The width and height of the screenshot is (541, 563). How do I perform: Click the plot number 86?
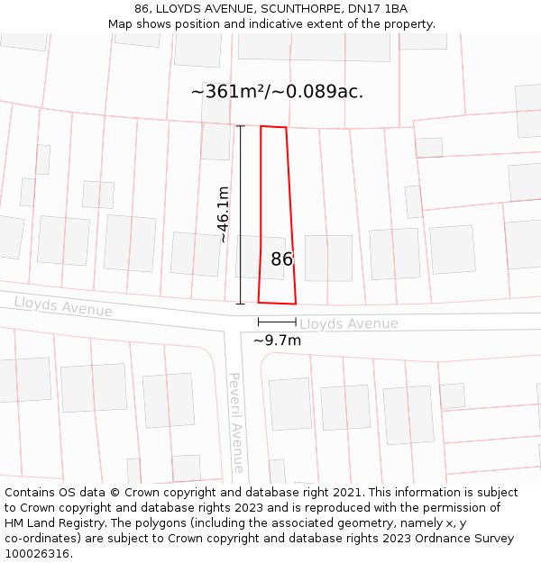[282, 259]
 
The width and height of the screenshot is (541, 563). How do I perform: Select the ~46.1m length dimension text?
[224, 214]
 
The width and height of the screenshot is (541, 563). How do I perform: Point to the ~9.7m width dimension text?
[277, 341]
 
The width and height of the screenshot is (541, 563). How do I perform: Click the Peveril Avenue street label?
[235, 422]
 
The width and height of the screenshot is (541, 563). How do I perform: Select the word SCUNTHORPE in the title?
[278, 9]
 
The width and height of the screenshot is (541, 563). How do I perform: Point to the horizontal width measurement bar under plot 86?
[277, 322]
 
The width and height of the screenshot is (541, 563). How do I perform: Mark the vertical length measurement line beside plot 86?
[241, 214]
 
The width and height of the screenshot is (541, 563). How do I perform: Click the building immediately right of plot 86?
[328, 258]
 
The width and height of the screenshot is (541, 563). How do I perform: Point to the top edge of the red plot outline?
[273, 127]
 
